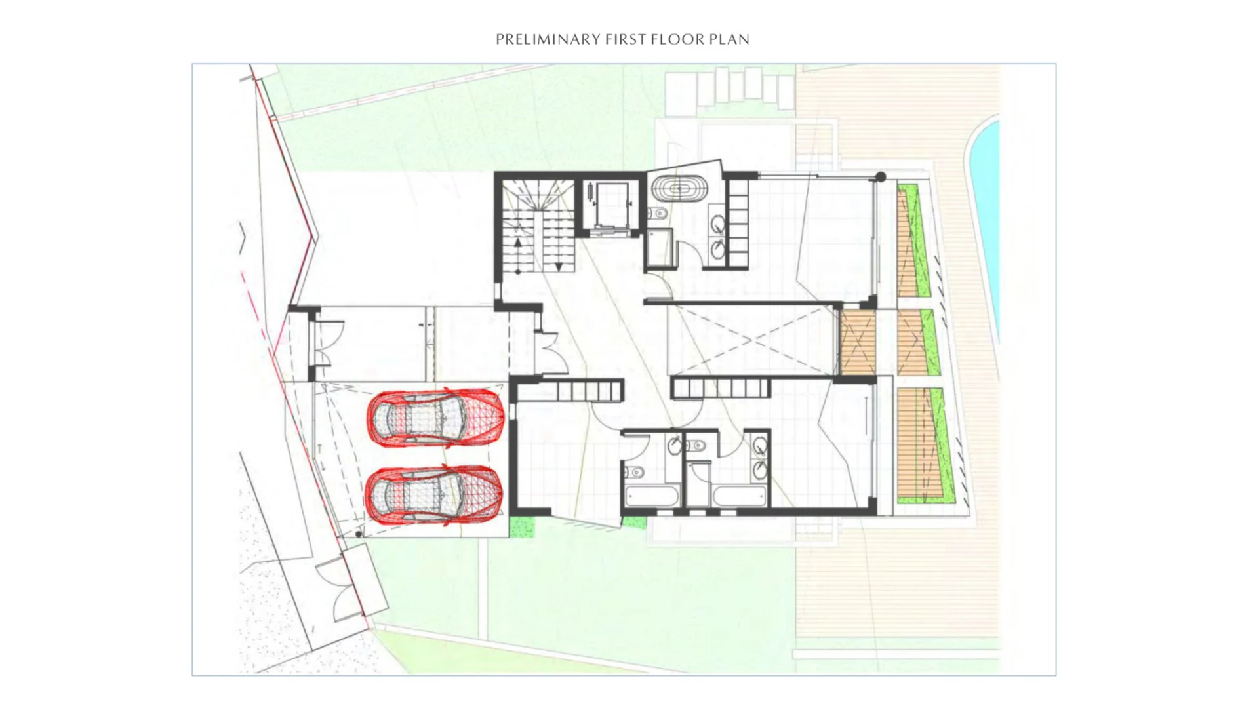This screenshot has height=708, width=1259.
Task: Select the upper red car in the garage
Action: (x=435, y=417)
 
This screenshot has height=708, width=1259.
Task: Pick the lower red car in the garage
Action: (x=434, y=494)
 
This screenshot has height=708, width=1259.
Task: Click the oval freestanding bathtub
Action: (x=679, y=189)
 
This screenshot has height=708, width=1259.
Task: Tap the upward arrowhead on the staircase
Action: (x=518, y=243)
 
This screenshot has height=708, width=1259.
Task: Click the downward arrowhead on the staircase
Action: (x=559, y=267)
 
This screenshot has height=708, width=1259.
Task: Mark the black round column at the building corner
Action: (x=881, y=176)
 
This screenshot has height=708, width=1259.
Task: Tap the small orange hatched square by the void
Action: (x=858, y=343)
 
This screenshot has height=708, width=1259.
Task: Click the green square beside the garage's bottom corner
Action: (x=522, y=527)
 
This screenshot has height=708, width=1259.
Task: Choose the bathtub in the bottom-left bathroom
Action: (x=652, y=496)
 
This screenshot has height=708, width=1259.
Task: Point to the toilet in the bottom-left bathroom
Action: (x=634, y=472)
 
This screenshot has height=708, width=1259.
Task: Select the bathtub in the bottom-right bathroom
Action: (x=738, y=496)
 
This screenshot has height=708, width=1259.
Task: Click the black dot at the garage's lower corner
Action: (x=359, y=534)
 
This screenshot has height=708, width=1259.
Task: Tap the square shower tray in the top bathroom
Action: (x=660, y=248)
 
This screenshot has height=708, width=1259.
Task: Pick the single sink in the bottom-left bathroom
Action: (x=675, y=446)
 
